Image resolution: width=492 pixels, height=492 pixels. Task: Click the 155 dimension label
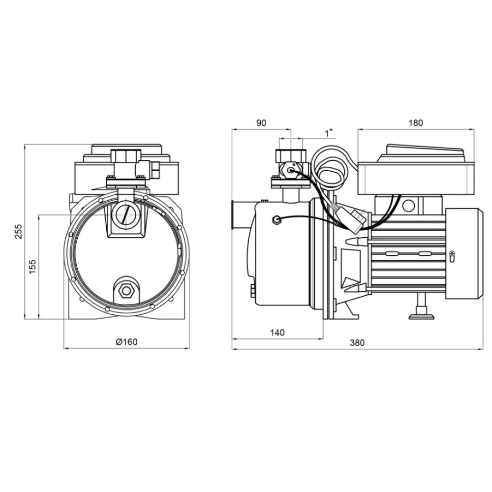coord(32,266)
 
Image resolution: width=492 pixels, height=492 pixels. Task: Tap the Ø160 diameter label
coord(127,342)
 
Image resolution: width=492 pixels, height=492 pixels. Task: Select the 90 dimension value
coord(261,123)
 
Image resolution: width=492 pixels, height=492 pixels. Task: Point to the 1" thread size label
coord(329,133)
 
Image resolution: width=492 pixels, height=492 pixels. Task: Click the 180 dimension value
coord(416,123)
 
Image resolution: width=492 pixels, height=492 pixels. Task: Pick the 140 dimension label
coord(277,332)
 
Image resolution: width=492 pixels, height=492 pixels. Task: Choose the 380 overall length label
coord(357,342)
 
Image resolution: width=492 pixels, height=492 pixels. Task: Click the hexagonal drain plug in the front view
coord(126,291)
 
